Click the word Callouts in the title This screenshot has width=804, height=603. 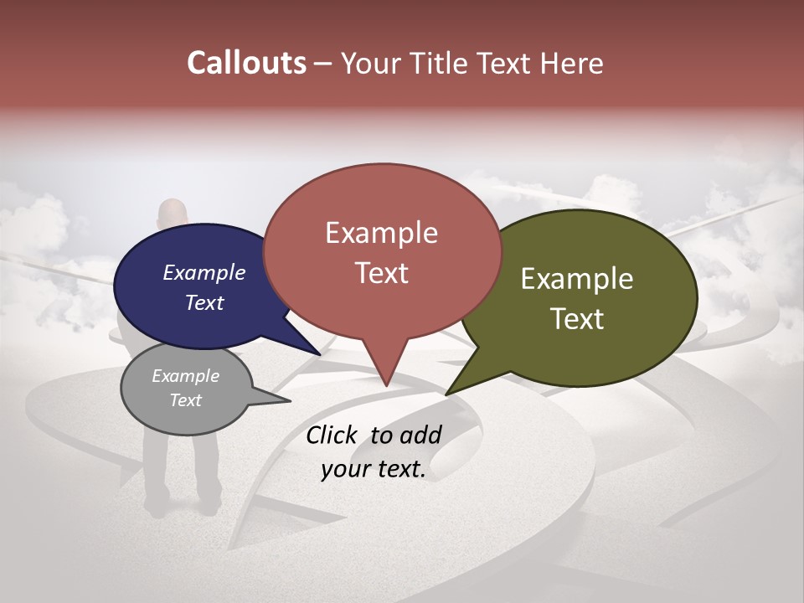click(x=246, y=63)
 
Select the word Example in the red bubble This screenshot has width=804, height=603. click(x=381, y=233)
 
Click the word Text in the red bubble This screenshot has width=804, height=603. click(x=381, y=273)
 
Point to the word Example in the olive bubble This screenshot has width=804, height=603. click(x=577, y=279)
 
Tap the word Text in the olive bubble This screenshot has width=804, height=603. click(x=577, y=319)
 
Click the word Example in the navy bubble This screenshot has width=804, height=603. click(x=204, y=272)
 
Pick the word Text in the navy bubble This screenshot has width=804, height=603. click(x=204, y=302)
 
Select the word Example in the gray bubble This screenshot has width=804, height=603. click(x=185, y=376)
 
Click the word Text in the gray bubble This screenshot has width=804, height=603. click(x=185, y=400)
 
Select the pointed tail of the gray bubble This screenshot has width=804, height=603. click(x=285, y=400)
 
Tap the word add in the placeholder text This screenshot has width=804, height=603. click(x=420, y=435)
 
